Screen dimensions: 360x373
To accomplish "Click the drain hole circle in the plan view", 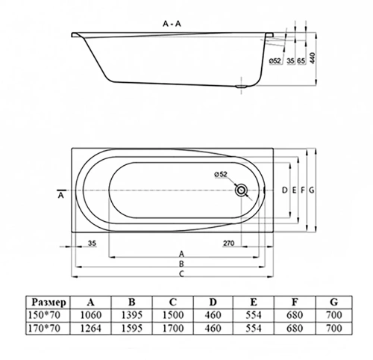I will coord(241,190).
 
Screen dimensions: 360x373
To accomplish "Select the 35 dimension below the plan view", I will coord(93,243).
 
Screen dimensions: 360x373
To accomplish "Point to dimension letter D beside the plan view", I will coord(286,191).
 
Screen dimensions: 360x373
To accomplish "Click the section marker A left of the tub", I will coord(60,196).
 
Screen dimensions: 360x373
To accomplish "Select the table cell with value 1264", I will coord(91,329).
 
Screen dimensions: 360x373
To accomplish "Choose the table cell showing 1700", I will coord(172,329).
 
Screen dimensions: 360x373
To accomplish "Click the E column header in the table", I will coord(254,302).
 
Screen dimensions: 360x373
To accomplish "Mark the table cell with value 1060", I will coord(91,316).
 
